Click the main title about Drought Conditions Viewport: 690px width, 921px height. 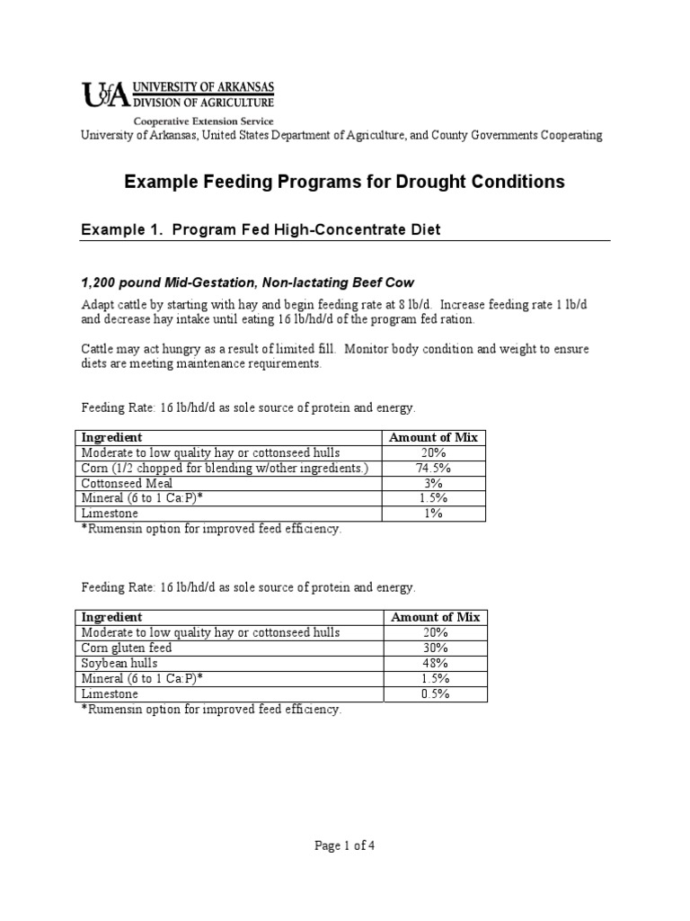click(345, 182)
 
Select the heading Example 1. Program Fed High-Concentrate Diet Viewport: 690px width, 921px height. click(261, 230)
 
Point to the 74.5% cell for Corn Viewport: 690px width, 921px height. click(433, 469)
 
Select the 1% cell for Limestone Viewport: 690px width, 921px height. click(433, 514)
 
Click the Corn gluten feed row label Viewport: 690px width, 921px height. click(127, 648)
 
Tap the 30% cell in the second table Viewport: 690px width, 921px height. click(434, 648)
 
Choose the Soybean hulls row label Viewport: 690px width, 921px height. click(120, 663)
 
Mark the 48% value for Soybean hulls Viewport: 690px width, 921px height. click(434, 663)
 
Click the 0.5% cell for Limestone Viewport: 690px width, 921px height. click(434, 693)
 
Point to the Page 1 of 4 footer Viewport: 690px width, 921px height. click(345, 845)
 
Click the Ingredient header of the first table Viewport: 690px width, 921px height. click(111, 438)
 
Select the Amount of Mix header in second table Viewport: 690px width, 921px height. click(434, 617)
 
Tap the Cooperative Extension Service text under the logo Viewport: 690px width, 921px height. click(204, 121)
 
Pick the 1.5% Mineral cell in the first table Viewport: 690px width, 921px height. click(433, 498)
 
